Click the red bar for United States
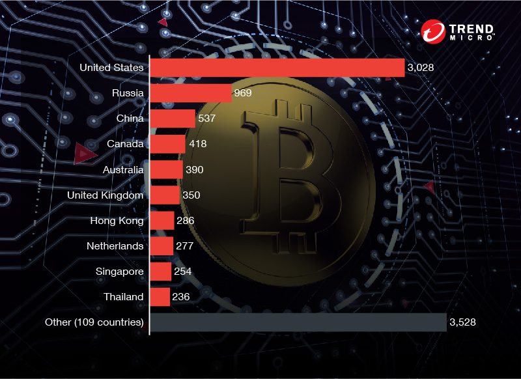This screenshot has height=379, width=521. pyautogui.click(x=277, y=67)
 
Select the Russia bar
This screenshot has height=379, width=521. pyautogui.click(x=191, y=93)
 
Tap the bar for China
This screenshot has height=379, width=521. pyautogui.click(x=173, y=119)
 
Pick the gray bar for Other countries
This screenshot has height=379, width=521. pyautogui.click(x=298, y=322)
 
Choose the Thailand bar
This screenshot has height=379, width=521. pyautogui.click(x=160, y=297)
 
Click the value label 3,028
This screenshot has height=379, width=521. pyautogui.click(x=421, y=67)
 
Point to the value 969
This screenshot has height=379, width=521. pyautogui.click(x=243, y=93)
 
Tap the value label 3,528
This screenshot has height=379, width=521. pyautogui.click(x=463, y=322)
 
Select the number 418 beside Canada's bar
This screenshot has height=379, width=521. pyautogui.click(x=198, y=144)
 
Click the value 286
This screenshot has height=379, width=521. pyautogui.click(x=186, y=220)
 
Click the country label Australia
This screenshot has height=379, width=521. pyautogui.click(x=123, y=169)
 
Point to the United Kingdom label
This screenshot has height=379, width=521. pyautogui.click(x=106, y=195)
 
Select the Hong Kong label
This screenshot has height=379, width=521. pyautogui.click(x=117, y=220)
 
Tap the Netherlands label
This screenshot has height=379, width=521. pyautogui.click(x=115, y=246)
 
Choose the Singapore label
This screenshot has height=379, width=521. pyautogui.click(x=119, y=271)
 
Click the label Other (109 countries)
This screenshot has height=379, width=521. pyautogui.click(x=94, y=322)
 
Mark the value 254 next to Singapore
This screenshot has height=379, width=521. pyautogui.click(x=184, y=271)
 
